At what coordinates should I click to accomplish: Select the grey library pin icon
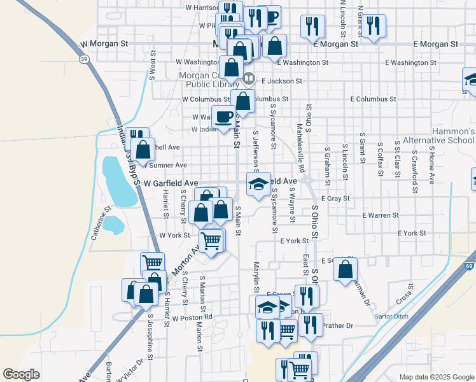[x=249, y=80]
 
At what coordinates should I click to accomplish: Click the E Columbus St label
[x=374, y=99]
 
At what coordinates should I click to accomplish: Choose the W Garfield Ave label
[x=167, y=183]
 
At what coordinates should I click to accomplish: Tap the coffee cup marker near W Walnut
[x=224, y=117]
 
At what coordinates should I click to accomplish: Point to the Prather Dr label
[x=337, y=326]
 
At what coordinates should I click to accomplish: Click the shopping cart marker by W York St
[x=211, y=241]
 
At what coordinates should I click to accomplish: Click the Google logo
[x=21, y=374]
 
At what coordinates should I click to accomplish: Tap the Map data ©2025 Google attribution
[x=435, y=377]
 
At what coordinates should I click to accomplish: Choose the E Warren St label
[x=380, y=216]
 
